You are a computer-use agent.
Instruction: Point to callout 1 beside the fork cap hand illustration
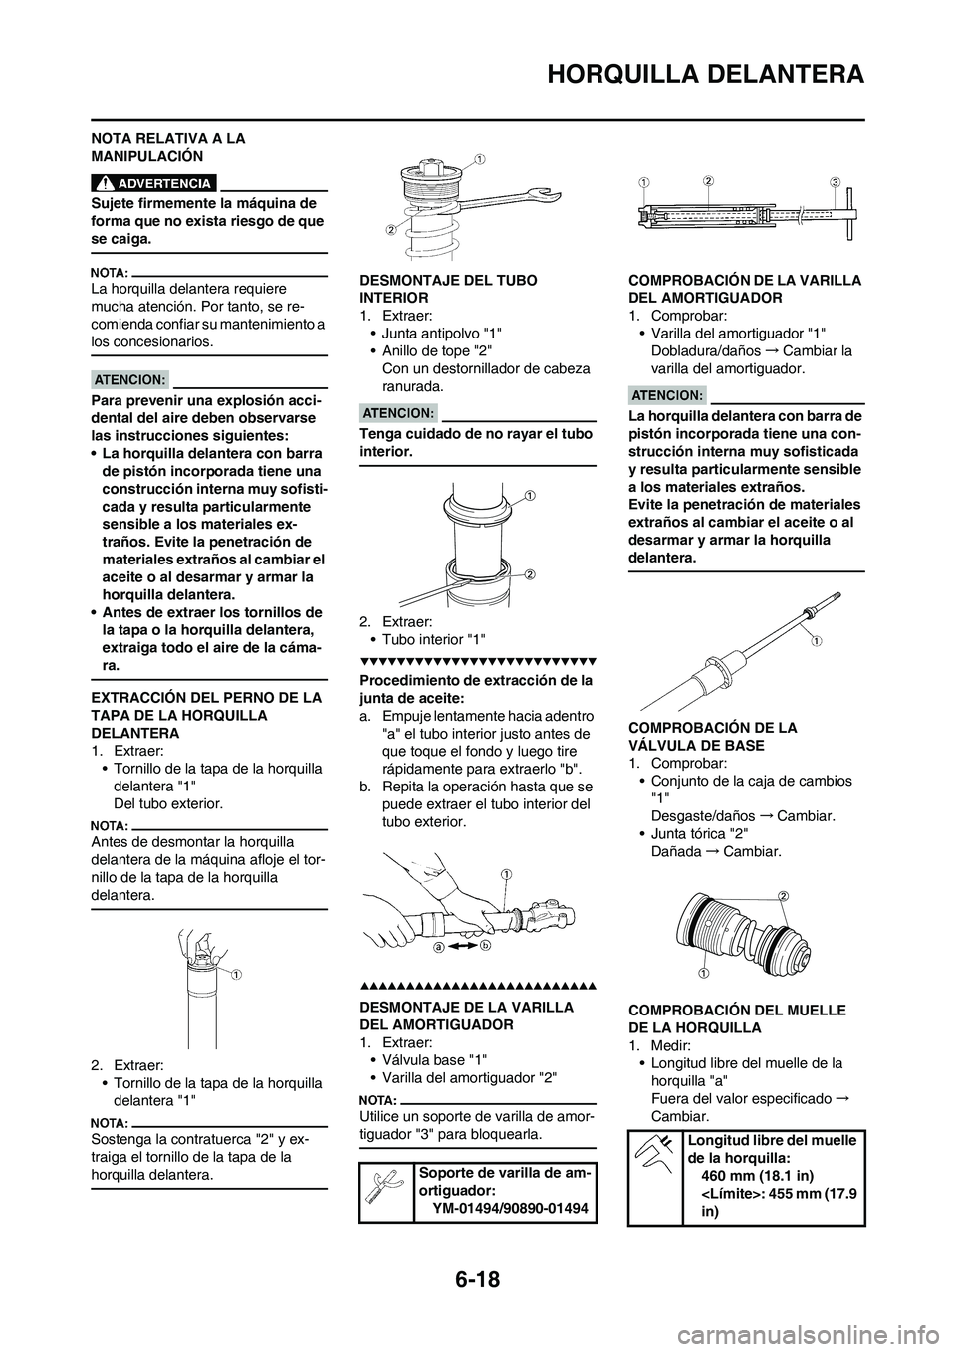point(241,975)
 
